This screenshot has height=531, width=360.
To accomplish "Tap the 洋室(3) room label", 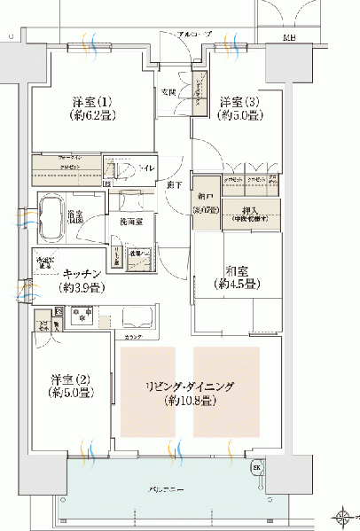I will click(238, 101).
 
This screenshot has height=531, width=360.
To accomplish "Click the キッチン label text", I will click(81, 275).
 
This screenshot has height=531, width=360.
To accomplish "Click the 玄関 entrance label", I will click(168, 91).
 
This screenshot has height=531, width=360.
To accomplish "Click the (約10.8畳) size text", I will click(191, 401).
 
